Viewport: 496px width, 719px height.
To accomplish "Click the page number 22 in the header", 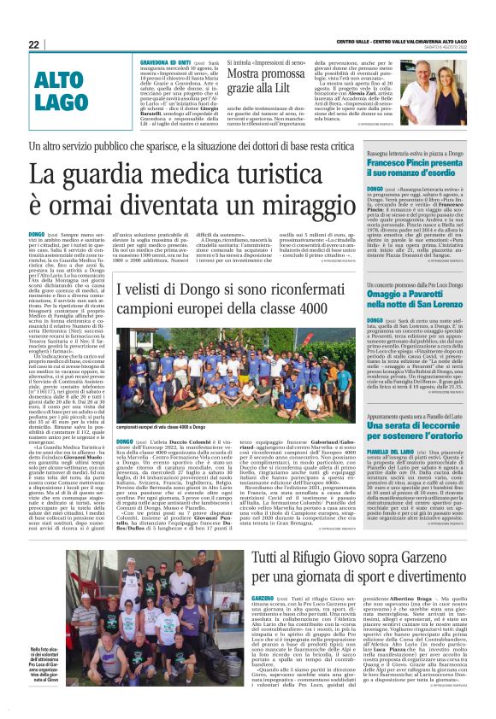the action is click(x=33, y=44).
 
